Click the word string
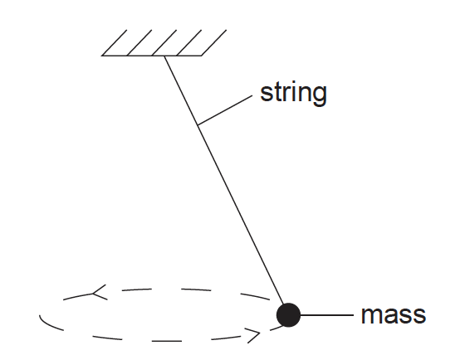tap(293, 94)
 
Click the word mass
tap(394, 314)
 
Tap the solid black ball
tap(288, 314)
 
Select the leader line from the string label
tap(225, 110)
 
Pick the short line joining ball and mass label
tap(327, 314)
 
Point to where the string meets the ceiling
tap(164, 56)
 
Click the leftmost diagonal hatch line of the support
tap(115, 42)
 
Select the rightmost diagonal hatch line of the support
tap(214, 42)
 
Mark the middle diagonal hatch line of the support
tap(164, 42)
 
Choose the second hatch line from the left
tap(139, 42)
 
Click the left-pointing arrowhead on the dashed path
tap(99, 293)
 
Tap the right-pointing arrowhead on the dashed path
tap(254, 335)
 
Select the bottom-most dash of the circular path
tap(167, 341)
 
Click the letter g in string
tap(320, 96)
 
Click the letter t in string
tap(277, 93)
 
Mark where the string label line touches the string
tap(198, 125)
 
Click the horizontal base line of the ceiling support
tap(151, 56)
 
